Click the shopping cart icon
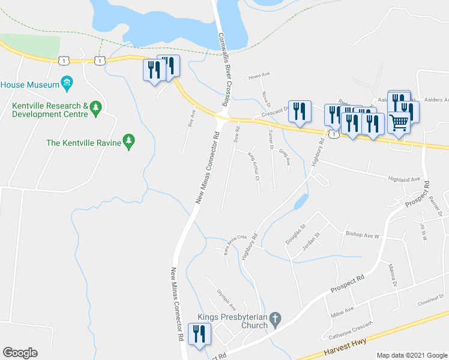399,124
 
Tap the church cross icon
275,319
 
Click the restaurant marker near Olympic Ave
199,334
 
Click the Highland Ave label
407,179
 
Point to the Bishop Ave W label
362,235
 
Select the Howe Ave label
260,76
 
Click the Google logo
20,353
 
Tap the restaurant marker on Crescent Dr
299,111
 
